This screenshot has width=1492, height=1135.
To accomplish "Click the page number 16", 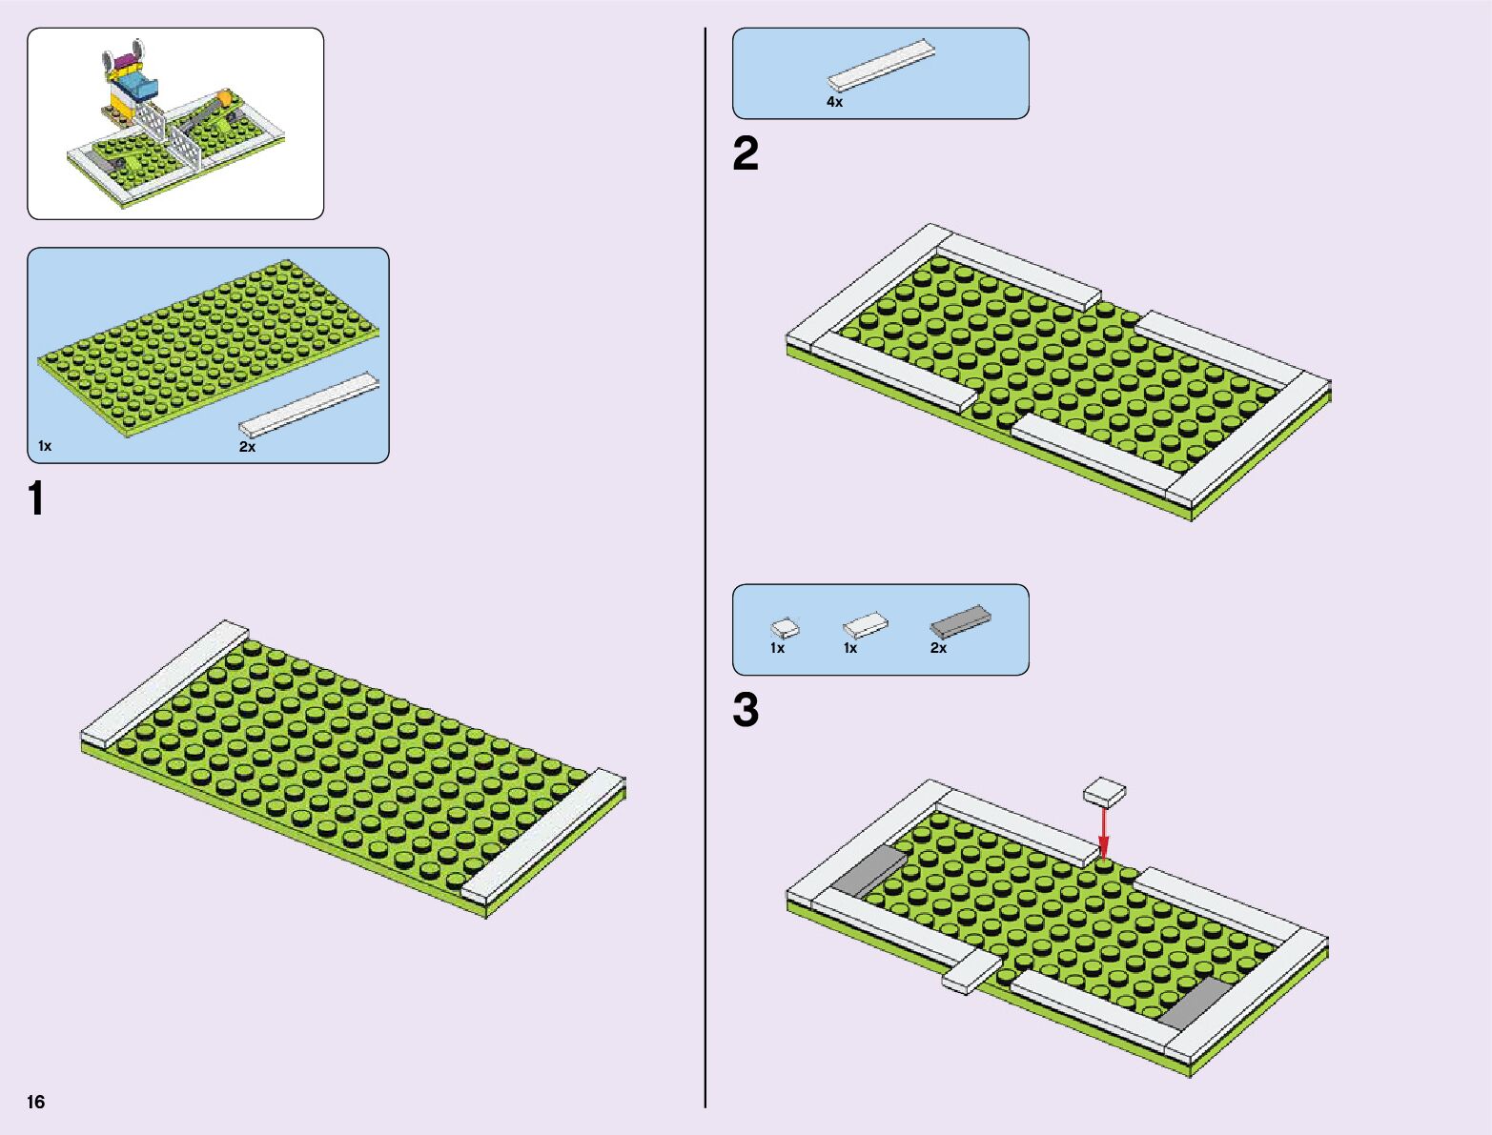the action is coord(36,1103).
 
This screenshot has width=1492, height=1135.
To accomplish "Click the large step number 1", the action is coord(36,499).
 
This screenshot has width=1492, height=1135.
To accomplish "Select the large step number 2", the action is coord(746,154).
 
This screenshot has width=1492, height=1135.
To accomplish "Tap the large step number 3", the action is coord(746,711).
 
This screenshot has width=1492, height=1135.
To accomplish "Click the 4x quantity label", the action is coord(834,102).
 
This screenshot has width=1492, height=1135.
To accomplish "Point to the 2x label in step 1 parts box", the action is coord(247,447).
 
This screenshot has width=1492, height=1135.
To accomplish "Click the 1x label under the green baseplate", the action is coord(45,446).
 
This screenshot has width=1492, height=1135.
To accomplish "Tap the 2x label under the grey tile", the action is coord(938,648).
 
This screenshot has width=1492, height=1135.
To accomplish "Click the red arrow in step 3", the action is coord(1103,834).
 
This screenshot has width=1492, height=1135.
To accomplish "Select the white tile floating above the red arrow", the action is coord(1104,791).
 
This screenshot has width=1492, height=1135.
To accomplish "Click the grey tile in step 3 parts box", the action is coord(960,621).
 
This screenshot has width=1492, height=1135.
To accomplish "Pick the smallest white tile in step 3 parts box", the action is coord(785,628).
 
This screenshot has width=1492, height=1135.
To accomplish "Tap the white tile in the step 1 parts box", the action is coord(308,405).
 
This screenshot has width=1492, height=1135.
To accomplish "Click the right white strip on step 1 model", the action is coord(542,836).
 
